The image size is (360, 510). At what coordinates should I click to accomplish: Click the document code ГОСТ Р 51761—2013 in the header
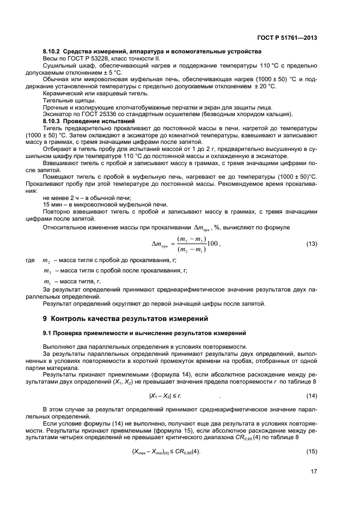(288, 38)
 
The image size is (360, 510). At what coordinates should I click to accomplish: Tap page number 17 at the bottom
(314, 472)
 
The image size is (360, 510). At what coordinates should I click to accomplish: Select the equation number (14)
(312, 395)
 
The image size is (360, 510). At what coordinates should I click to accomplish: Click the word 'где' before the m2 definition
(30, 261)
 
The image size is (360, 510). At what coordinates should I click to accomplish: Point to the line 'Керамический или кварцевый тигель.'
(93, 93)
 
